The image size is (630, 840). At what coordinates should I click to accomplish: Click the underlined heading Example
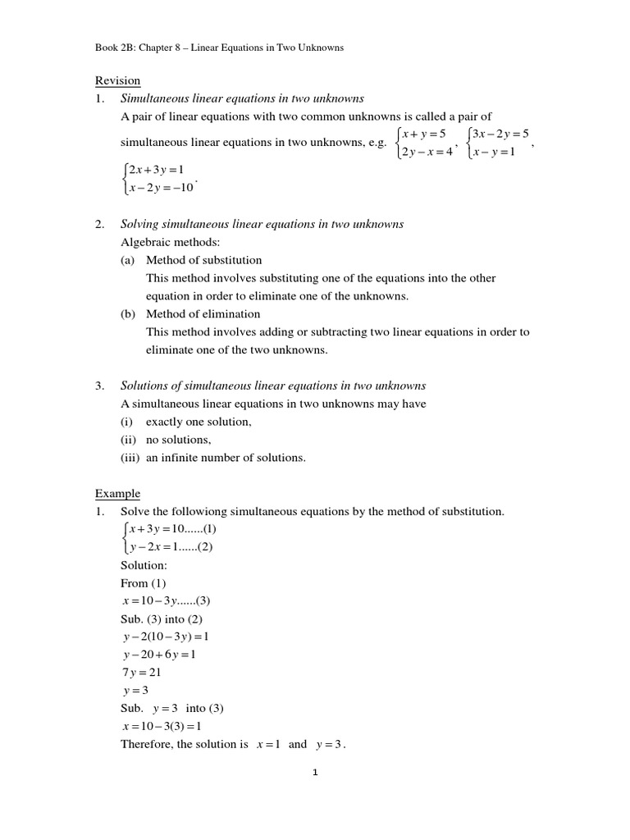point(117,494)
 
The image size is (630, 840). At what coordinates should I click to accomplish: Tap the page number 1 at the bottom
point(314,772)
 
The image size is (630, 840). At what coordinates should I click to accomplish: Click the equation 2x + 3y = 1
point(155,171)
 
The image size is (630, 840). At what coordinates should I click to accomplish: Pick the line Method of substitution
point(203,260)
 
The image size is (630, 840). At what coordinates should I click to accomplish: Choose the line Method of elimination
point(203,314)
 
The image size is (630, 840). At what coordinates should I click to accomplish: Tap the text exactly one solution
point(199,422)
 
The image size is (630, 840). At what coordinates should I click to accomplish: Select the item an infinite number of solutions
point(226,458)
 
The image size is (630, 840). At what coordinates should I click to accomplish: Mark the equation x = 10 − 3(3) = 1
point(161,727)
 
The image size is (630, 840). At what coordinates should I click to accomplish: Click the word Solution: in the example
point(144,566)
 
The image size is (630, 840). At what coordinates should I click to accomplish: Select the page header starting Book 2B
point(219,48)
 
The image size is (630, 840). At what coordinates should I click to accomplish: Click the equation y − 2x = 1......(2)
point(168,547)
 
